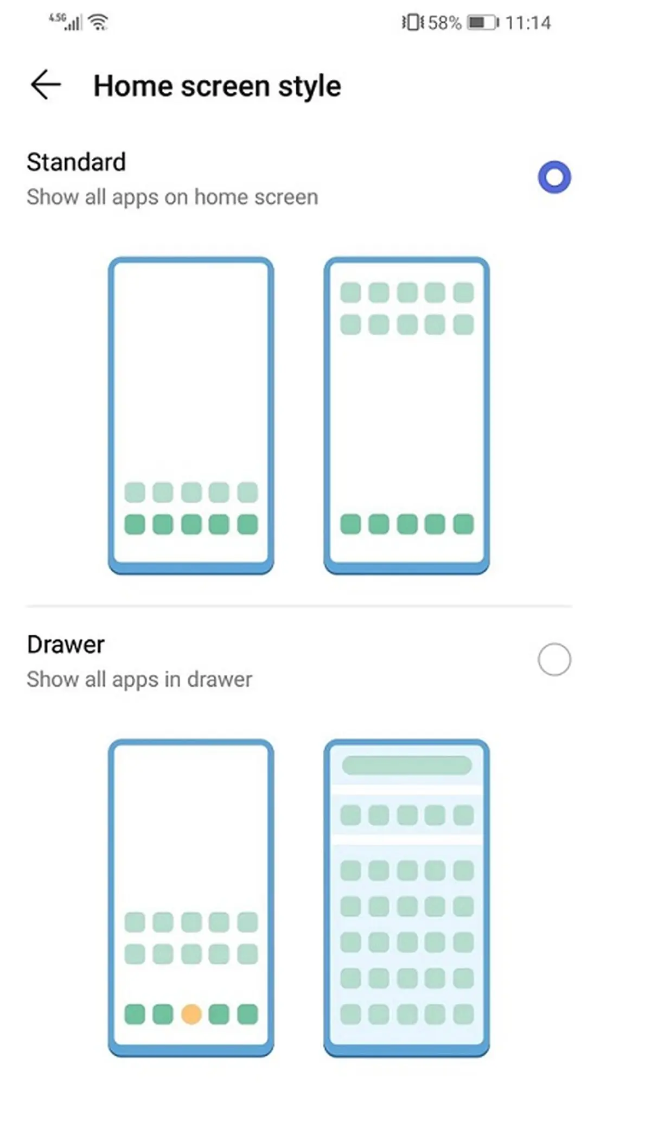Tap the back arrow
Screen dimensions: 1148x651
tap(46, 85)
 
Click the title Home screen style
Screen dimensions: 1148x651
tap(217, 86)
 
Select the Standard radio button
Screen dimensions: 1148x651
tap(554, 177)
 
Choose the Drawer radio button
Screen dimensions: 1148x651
tap(554, 660)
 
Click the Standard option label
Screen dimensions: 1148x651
tap(76, 162)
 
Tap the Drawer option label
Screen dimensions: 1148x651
tap(66, 645)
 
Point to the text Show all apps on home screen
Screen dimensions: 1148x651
tap(172, 197)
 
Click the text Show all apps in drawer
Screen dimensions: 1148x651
tap(139, 679)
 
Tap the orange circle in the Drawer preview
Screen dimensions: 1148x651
tap(191, 1014)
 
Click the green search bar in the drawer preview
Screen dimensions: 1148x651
tap(407, 766)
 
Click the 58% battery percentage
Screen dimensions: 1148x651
tap(444, 23)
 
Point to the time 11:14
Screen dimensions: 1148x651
tap(528, 23)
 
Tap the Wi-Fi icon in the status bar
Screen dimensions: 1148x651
tap(99, 23)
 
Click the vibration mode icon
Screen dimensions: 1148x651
tap(412, 23)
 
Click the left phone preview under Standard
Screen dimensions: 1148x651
tap(191, 415)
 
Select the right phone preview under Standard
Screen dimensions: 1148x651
tap(407, 415)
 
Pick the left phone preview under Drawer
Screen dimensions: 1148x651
tap(191, 897)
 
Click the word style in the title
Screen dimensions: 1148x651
tap(309, 86)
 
